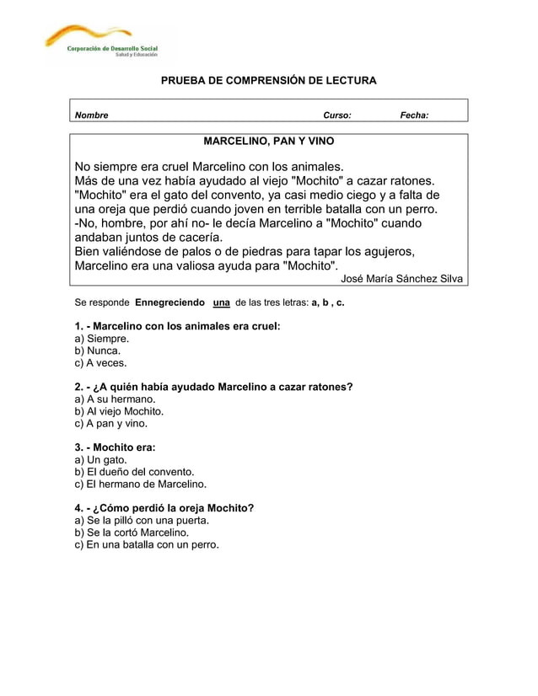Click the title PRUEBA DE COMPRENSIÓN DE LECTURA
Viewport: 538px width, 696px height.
coord(269,81)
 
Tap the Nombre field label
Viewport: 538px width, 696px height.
coord(92,115)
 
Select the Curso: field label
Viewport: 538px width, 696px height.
coord(337,115)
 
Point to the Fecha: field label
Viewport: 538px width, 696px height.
coord(413,115)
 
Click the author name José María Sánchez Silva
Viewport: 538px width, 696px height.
coord(401,279)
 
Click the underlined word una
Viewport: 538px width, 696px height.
coord(222,302)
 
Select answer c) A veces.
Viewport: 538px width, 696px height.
coord(101,363)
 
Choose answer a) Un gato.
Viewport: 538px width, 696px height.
coord(101,459)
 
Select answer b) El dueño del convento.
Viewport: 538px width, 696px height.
coord(135,472)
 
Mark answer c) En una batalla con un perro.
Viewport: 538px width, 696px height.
coord(147,545)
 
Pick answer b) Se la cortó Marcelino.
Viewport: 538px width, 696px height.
coord(132,533)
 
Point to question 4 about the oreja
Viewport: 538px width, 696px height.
coord(164,508)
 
